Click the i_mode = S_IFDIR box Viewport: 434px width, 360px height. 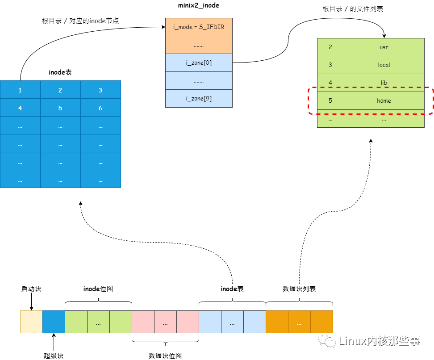point(199,27)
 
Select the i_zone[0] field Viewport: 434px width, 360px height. point(199,63)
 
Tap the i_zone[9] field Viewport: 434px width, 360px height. point(199,99)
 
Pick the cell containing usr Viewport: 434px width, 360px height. point(384,47)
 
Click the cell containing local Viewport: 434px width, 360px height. point(384,65)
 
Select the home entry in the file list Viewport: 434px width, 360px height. point(384,100)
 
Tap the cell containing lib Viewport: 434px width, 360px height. point(384,83)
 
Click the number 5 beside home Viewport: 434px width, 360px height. point(330,100)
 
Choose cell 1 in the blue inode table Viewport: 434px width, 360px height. point(20,90)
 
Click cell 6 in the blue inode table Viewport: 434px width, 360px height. point(100,108)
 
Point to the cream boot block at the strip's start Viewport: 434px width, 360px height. point(31,322)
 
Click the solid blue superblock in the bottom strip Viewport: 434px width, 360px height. point(54,322)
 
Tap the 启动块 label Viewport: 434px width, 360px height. point(31,289)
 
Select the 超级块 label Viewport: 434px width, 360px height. point(54,356)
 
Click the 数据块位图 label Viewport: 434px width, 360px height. point(165,356)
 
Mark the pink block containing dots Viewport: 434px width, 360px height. point(165,322)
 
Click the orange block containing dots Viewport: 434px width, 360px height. point(299,322)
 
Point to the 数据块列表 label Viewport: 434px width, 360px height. point(299,289)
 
